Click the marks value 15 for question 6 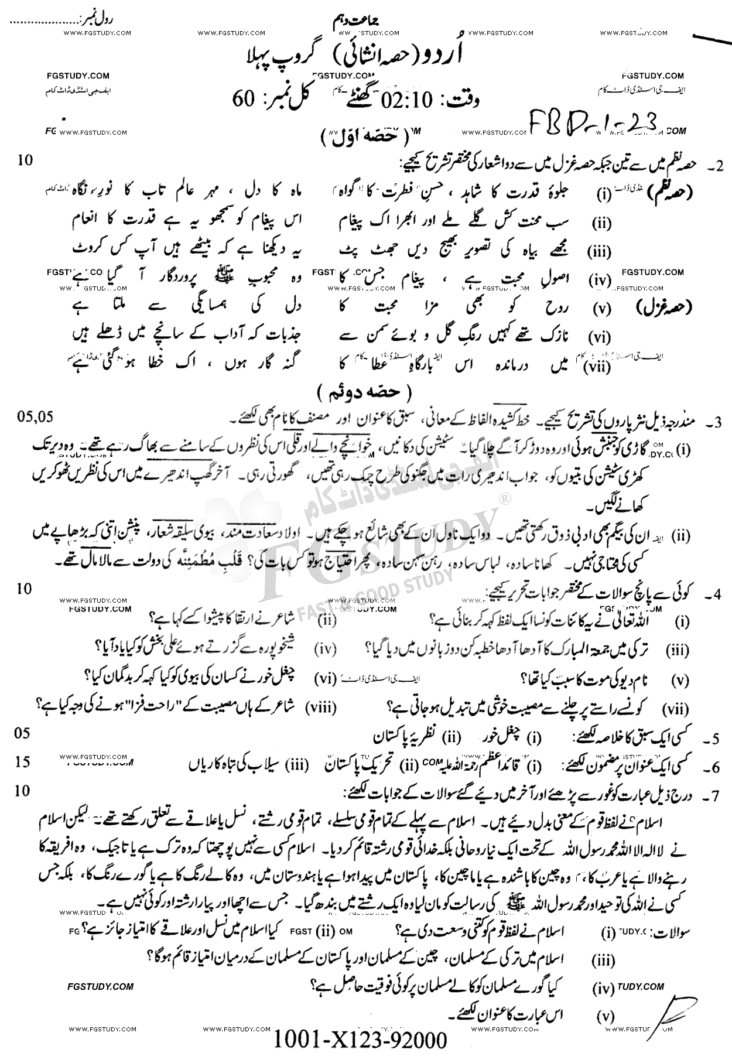[x=23, y=761]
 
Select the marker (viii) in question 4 [x=321, y=708]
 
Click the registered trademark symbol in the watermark [x=503, y=498]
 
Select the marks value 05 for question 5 [x=23, y=733]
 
